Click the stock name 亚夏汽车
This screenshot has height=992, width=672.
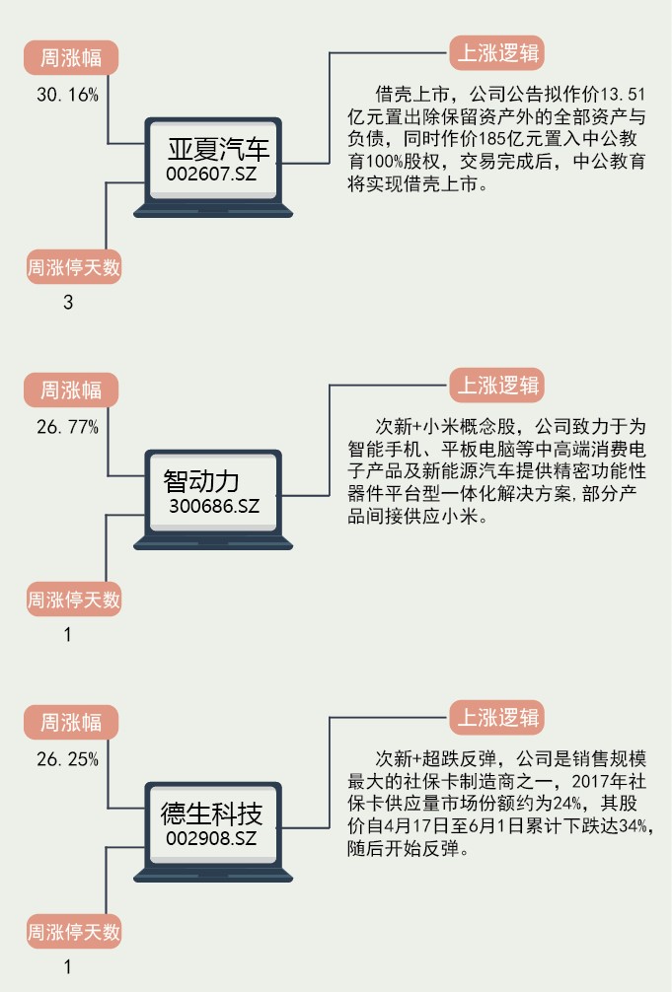[217, 150]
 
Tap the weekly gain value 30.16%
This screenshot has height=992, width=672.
[68, 95]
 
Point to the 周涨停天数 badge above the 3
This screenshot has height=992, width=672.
[73, 266]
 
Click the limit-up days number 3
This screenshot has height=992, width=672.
[68, 303]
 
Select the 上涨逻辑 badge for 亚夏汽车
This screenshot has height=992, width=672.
[496, 52]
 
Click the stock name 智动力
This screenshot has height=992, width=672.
[201, 481]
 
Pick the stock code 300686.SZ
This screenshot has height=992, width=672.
[214, 506]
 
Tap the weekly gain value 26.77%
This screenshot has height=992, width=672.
[68, 427]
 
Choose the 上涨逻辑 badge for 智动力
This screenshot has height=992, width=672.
[496, 385]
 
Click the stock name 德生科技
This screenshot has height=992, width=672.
[211, 815]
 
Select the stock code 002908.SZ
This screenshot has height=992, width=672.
[211, 838]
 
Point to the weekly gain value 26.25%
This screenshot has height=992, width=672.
[68, 759]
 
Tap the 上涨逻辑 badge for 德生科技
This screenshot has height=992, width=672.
[496, 717]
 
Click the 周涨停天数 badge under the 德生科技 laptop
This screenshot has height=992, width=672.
[73, 931]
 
